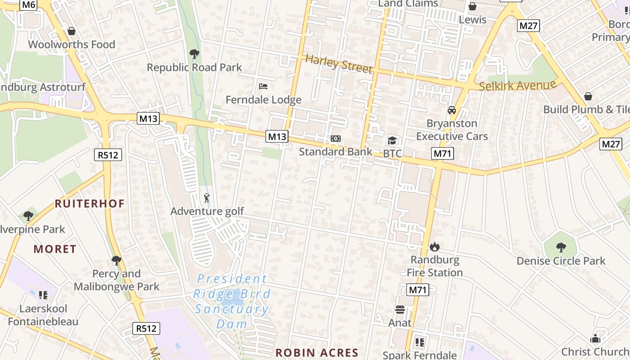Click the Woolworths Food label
coord(72,44)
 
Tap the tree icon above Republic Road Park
coord(194,54)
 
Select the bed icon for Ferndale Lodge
coord(263,86)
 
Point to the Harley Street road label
coord(339,63)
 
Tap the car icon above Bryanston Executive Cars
coord(452,110)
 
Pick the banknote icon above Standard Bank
coord(336,139)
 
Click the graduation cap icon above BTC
coord(392,141)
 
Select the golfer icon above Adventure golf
coord(207,198)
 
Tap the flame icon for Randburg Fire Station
coord(434,247)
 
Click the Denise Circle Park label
coord(561,261)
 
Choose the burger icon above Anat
coord(400,310)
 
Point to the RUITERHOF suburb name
coord(90,203)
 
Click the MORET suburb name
coord(55,249)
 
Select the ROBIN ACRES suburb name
coord(317,353)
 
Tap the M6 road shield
coord(29,5)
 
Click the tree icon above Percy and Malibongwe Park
coord(117,260)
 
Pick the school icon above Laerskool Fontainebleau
coord(43,295)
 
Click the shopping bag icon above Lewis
coord(472,6)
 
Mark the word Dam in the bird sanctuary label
coord(232,324)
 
